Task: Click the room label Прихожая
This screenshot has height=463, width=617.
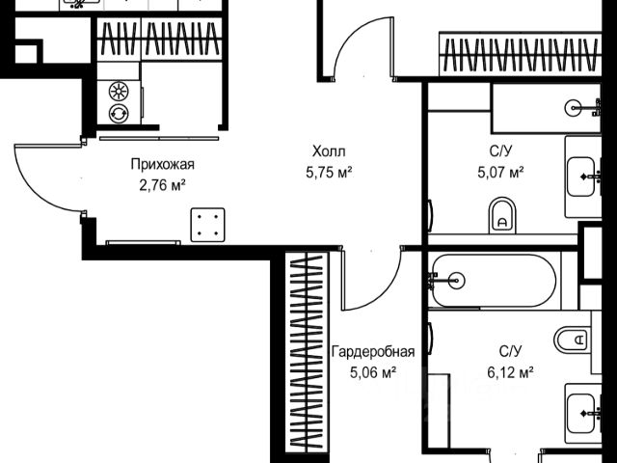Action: pyautogui.click(x=158, y=163)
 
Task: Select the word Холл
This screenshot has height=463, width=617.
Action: pyautogui.click(x=328, y=151)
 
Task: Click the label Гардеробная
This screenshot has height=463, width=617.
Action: pyautogui.click(x=372, y=351)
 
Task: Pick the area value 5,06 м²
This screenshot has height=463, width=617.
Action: pyautogui.click(x=372, y=370)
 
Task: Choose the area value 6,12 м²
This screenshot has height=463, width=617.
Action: pyautogui.click(x=511, y=370)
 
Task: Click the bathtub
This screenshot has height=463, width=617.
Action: pyautogui.click(x=492, y=280)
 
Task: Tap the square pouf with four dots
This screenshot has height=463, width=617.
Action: pyautogui.click(x=207, y=226)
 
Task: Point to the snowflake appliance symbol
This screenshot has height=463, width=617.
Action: pyautogui.click(x=119, y=93)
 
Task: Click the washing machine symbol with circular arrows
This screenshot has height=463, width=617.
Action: pyautogui.click(x=119, y=114)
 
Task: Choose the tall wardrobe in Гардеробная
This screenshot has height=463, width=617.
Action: pyautogui.click(x=306, y=352)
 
